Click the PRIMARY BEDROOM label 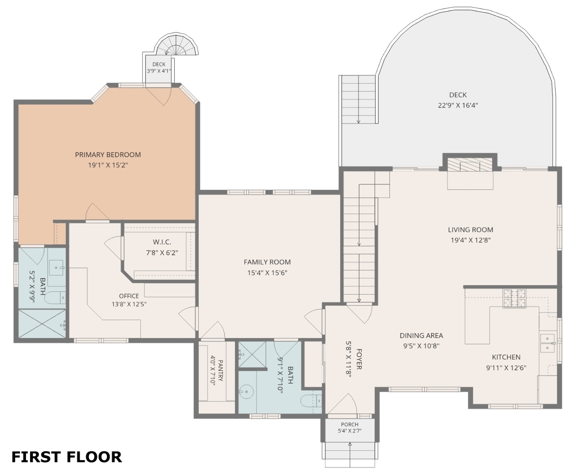pos(108,155)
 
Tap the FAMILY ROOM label pos(267,262)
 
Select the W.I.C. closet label pos(162,242)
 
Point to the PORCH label pos(350,424)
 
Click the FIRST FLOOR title pos(67,457)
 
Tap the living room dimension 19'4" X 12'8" pos(470,240)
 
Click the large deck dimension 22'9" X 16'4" pos(458,105)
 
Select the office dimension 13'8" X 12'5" pos(129,304)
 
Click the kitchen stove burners pos(514,298)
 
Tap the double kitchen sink pos(547,343)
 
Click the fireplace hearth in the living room pos(470,180)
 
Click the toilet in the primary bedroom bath pos(55,298)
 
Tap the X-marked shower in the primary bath pos(42,323)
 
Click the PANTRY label pos(221,371)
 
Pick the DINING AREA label pos(421,335)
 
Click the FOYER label pos(359,359)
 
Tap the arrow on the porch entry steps pos(350,454)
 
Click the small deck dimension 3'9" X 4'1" pos(159,71)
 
